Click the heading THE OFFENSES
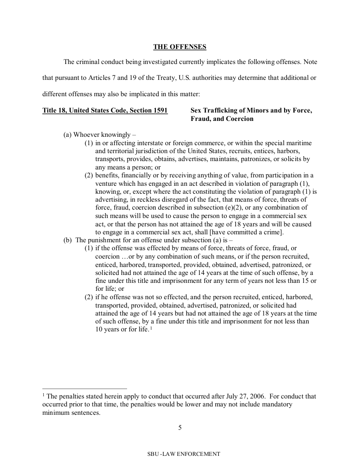pyautogui.click(x=180, y=46)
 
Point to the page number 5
pyautogui.click(x=180, y=427)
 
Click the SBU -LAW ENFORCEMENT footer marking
pyautogui.click(x=184, y=454)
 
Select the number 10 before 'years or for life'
pyautogui.click(x=99, y=329)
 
